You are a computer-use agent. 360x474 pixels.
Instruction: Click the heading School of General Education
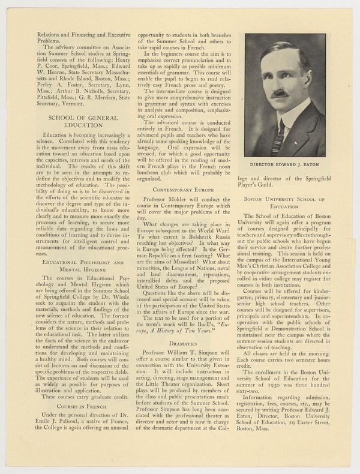(74, 122)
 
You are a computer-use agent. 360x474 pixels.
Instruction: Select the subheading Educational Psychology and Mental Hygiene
(74, 266)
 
